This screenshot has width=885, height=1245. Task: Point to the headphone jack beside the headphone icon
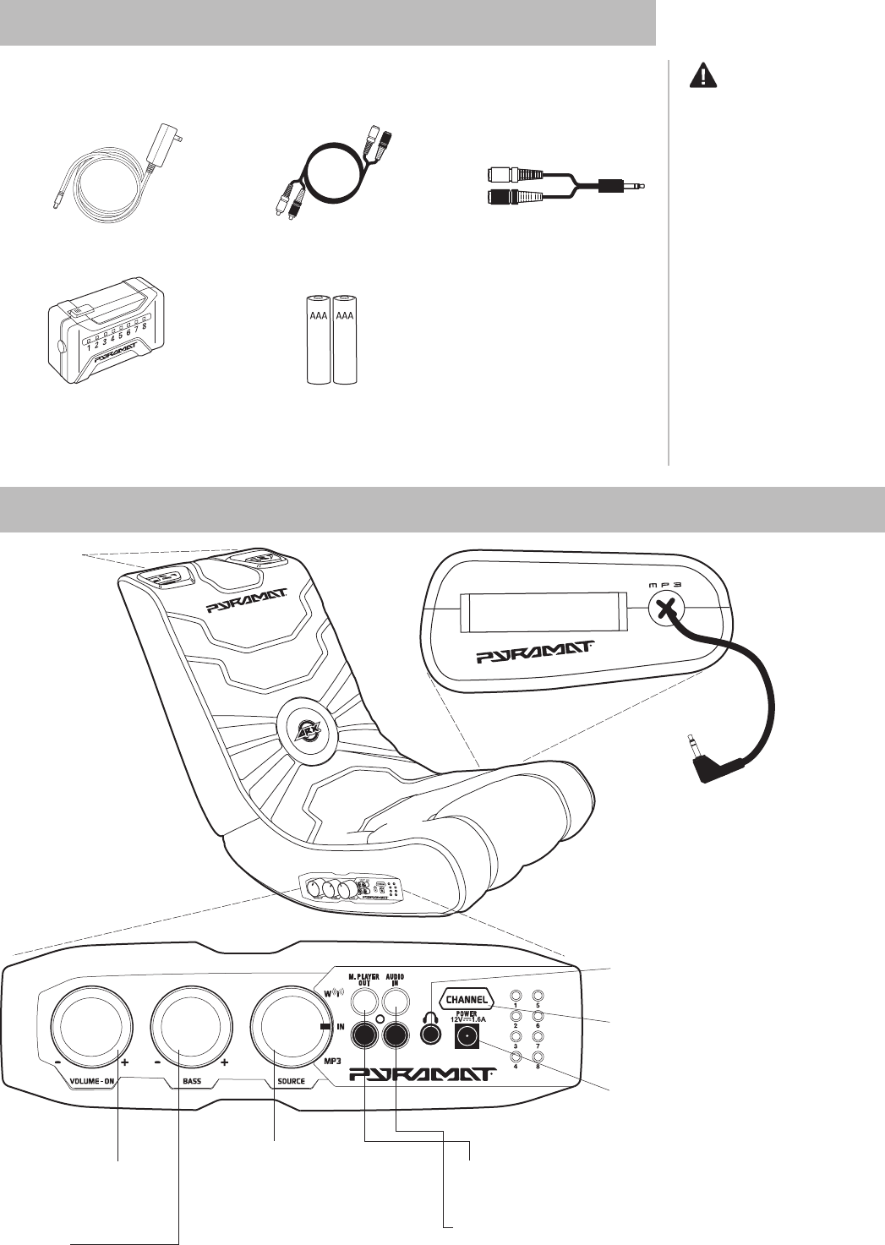click(x=432, y=1034)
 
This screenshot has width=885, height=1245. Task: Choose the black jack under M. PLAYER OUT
click(x=365, y=1034)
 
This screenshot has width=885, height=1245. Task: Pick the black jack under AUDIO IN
click(x=396, y=1034)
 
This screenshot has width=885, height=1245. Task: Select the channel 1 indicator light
click(x=516, y=996)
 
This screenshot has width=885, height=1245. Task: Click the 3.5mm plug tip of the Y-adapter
click(x=647, y=186)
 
